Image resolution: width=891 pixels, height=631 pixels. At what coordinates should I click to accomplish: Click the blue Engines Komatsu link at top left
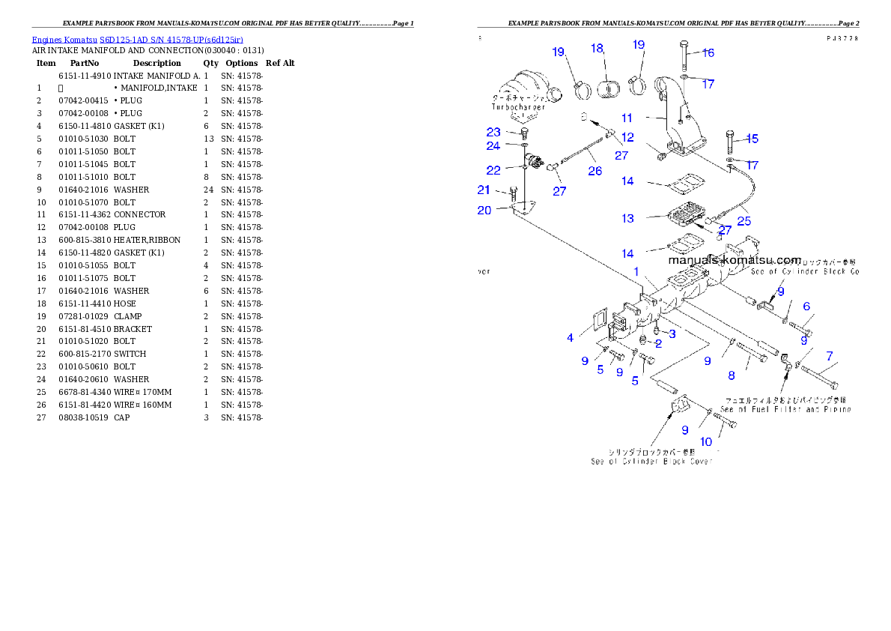pos(137,39)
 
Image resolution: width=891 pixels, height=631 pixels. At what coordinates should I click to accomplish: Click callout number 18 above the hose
pos(597,48)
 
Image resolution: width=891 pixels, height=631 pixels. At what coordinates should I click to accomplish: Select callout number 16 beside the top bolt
pos(708,52)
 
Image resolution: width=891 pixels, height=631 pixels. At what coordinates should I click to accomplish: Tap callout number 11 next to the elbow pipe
pos(627,118)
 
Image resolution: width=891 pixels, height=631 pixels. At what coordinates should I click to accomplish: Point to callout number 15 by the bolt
pos(752,139)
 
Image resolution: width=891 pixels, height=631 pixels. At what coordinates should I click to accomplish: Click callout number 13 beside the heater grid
pos(627,219)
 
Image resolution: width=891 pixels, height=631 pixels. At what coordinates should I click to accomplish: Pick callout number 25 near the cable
pos(743,221)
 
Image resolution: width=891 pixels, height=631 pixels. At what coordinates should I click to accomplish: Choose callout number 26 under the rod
pos(594,172)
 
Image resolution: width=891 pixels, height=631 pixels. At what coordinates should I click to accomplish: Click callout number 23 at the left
pos(493,132)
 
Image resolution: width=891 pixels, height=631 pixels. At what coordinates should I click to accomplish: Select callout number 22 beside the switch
pos(493,170)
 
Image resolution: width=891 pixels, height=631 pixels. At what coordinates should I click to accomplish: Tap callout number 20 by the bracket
pos(484,210)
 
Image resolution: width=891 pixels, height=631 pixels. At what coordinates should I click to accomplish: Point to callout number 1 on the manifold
pos(636,271)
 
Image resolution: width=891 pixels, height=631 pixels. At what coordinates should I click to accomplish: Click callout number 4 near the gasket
pos(570,338)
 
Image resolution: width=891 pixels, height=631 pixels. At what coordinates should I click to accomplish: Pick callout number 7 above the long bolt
pos(829,355)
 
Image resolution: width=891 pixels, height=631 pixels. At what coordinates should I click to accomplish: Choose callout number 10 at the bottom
pos(706,442)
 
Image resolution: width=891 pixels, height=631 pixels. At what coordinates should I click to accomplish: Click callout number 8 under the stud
pos(732,375)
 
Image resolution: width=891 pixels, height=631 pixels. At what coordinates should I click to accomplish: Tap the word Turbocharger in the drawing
pos(518,107)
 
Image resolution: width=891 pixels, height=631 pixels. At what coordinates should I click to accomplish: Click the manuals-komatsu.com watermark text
pos(734,260)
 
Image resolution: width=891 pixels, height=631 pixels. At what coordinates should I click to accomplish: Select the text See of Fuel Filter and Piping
pos(785,409)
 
